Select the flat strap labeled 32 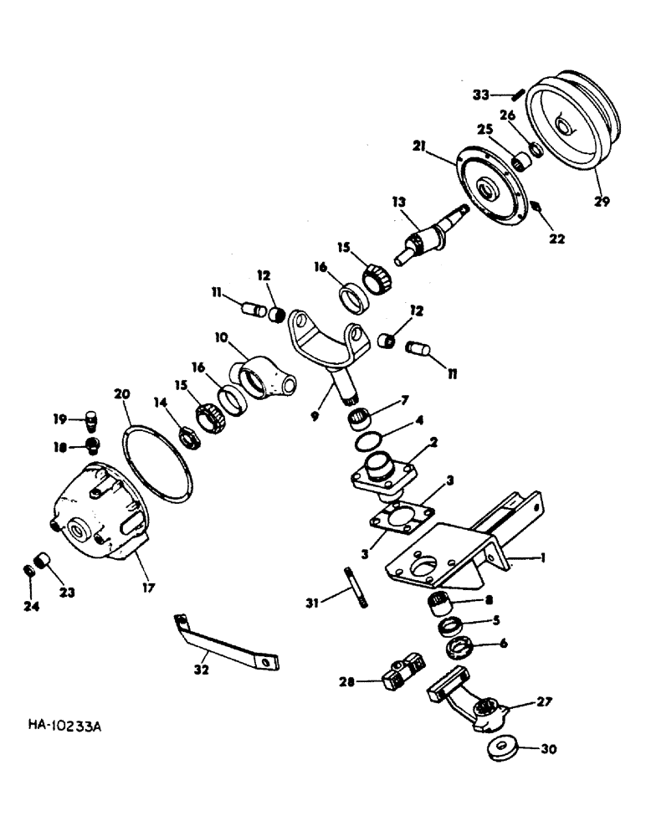(227, 643)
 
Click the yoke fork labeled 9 (330, 344)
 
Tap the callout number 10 (221, 337)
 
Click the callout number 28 (346, 682)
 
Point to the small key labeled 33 (518, 94)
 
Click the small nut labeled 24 (27, 571)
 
